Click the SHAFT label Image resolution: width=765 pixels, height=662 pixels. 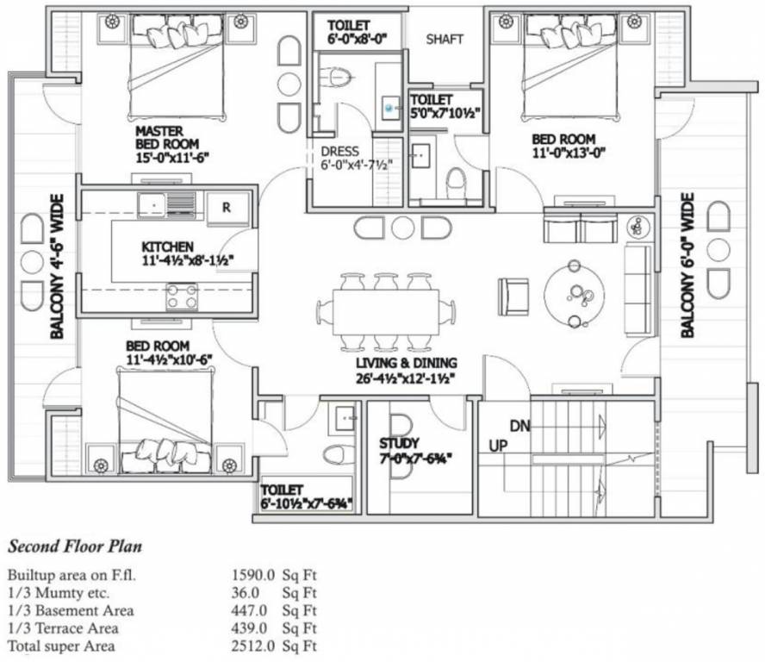445,39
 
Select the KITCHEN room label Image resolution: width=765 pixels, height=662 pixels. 167,247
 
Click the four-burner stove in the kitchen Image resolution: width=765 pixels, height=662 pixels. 182,297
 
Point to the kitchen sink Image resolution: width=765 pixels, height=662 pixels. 167,204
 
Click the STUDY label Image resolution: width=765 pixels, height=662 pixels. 399,444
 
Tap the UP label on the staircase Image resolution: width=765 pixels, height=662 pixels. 498,446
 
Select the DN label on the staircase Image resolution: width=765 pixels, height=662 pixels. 519,426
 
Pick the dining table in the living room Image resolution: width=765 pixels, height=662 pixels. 385,312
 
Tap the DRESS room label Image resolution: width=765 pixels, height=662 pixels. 339,152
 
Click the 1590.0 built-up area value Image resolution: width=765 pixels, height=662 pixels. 253,575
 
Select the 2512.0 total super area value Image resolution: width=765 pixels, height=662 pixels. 253,646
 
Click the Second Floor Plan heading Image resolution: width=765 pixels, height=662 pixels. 75,546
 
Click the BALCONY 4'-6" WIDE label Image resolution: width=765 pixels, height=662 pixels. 57,266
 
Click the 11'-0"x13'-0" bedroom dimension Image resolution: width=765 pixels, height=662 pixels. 569,153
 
